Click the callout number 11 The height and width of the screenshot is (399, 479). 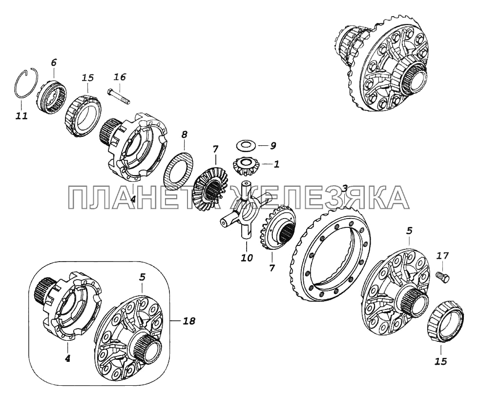(x=22, y=116)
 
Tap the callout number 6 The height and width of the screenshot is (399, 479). (x=53, y=63)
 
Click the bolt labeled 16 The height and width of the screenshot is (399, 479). (x=118, y=95)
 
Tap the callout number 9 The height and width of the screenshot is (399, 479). (x=273, y=145)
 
